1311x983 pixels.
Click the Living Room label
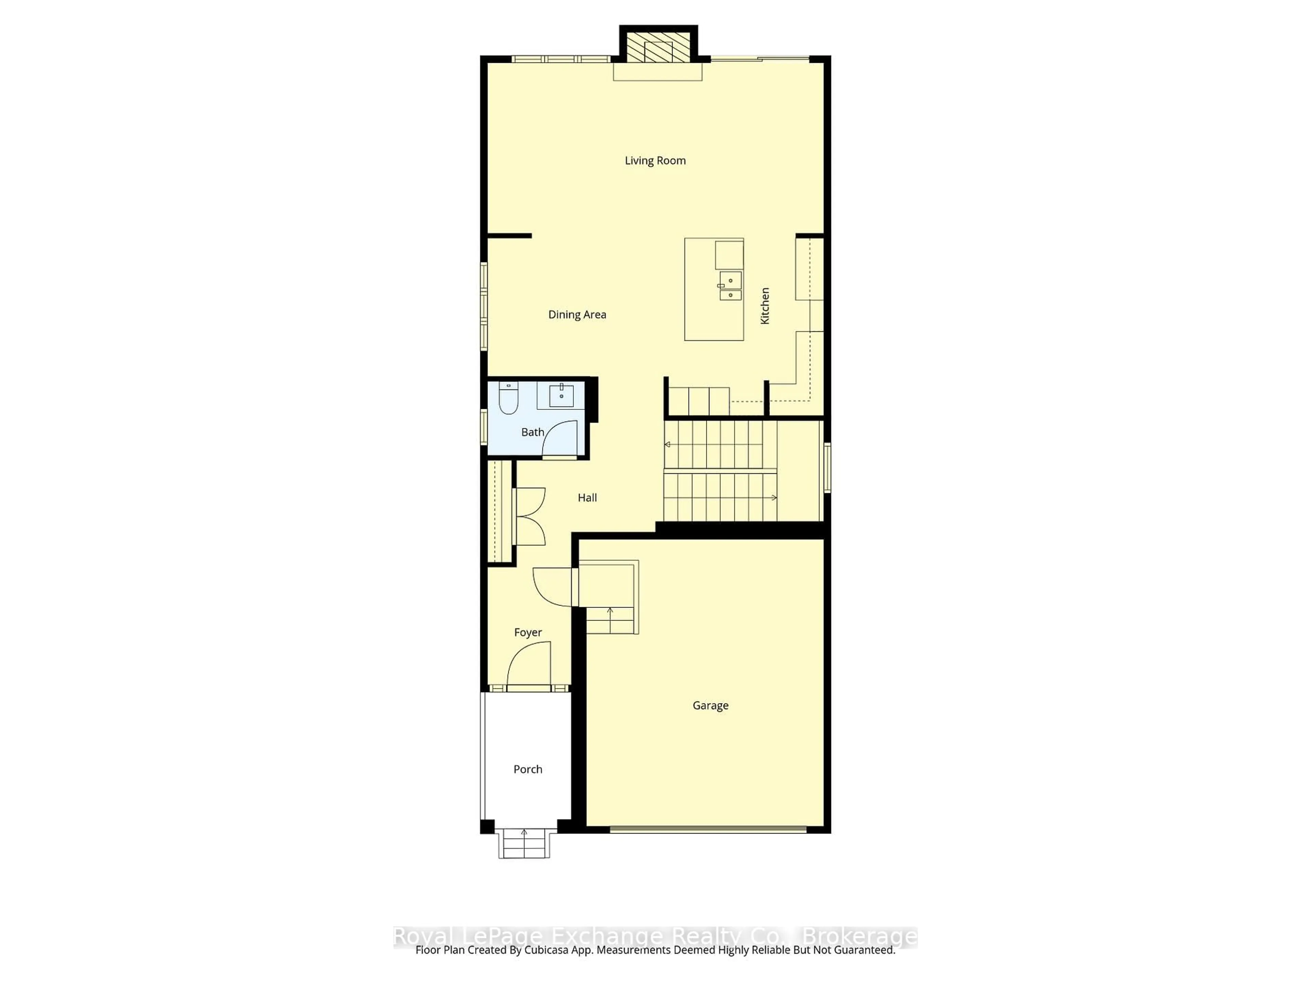point(655,160)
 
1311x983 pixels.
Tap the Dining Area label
point(577,315)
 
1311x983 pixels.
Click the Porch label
point(527,769)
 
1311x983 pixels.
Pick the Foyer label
point(527,632)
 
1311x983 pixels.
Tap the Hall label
point(587,498)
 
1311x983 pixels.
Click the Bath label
point(532,432)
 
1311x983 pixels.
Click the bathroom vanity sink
point(561,395)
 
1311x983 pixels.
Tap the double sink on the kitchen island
point(730,286)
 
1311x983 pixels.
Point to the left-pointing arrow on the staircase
point(668,444)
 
